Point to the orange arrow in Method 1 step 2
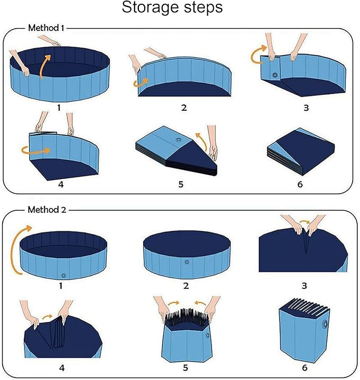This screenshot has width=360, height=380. tap(141, 81)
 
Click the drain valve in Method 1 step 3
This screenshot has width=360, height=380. tap(275, 75)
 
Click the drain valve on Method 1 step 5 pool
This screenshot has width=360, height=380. tap(177, 140)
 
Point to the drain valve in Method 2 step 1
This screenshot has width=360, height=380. tap(64, 275)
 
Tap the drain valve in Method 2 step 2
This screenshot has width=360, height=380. tap(186, 262)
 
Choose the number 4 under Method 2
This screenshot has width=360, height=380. tap(60, 366)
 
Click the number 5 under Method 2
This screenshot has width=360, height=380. tap(185, 366)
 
